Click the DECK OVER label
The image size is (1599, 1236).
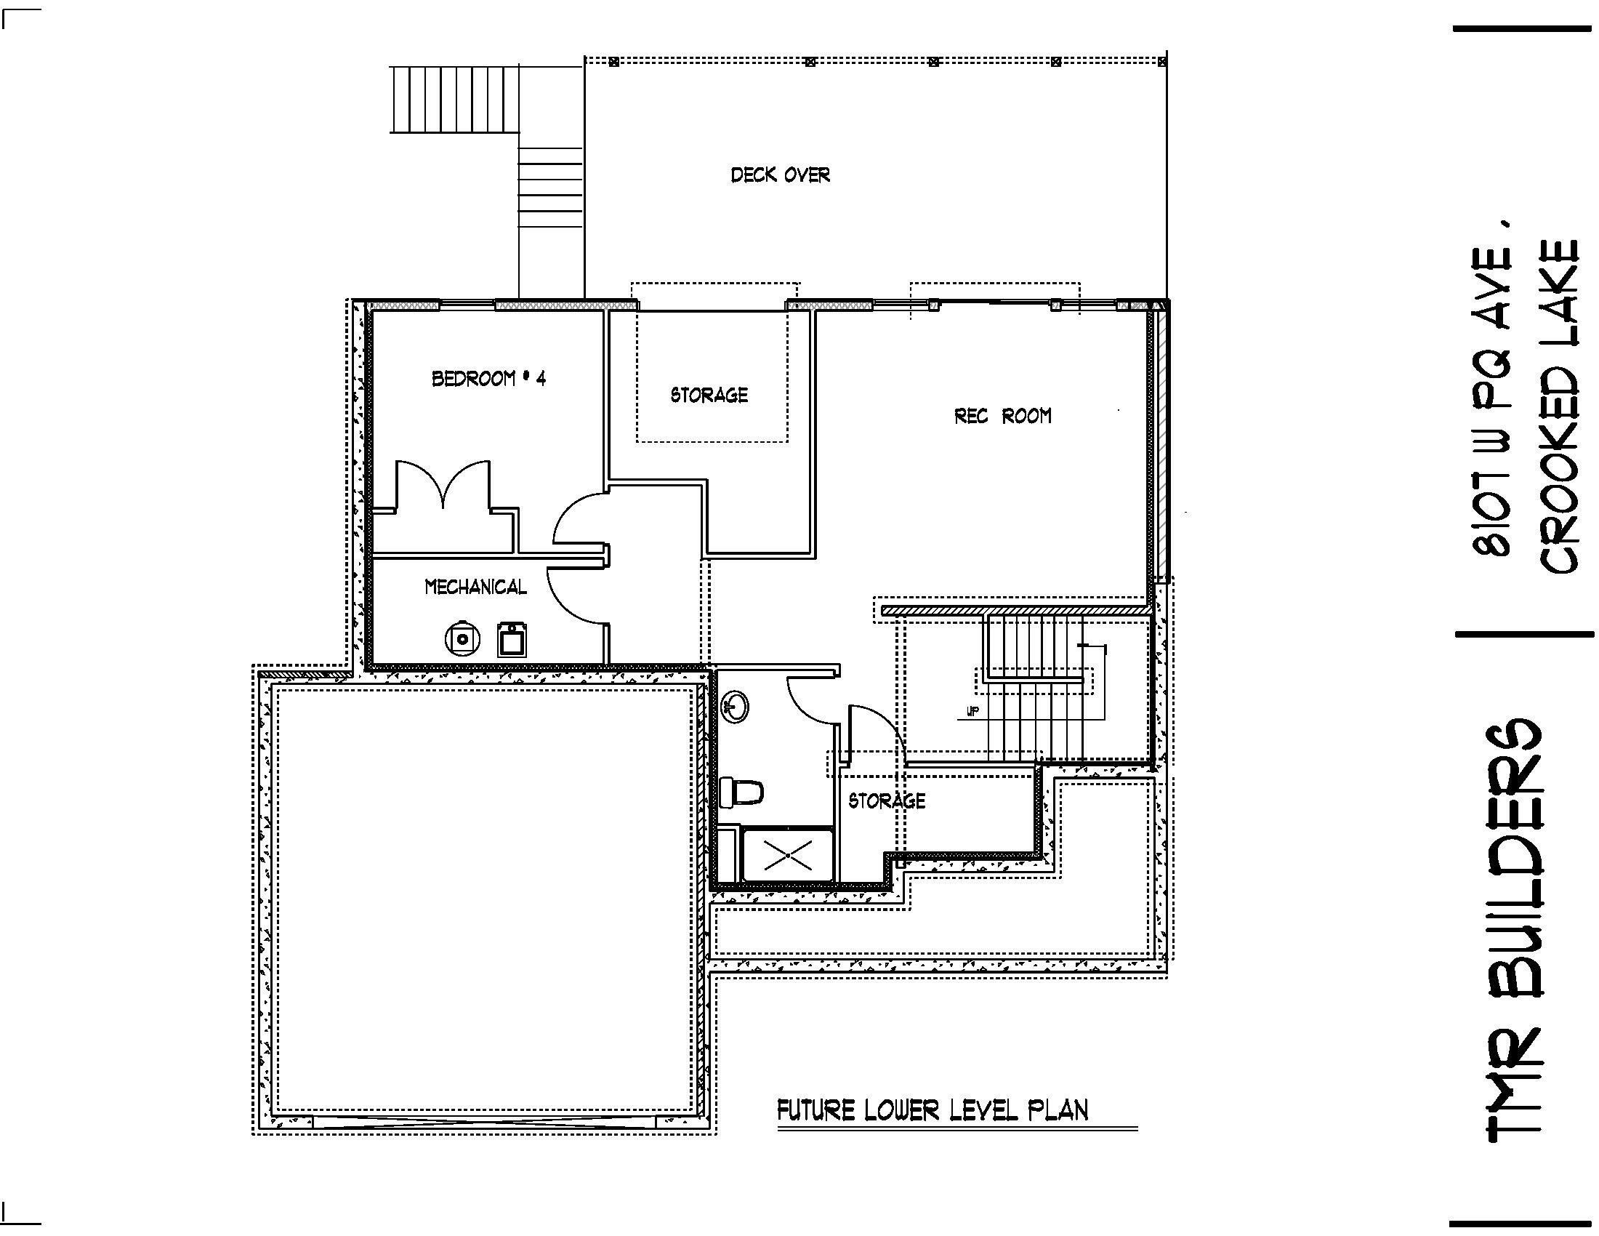click(x=780, y=175)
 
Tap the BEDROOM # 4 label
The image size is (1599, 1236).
click(x=488, y=379)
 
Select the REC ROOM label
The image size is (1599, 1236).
click(x=1002, y=416)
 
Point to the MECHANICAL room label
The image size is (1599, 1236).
click(x=475, y=587)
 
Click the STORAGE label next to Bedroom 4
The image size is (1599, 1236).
click(x=709, y=396)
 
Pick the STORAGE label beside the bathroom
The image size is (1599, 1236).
click(x=886, y=800)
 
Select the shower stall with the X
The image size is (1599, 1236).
click(x=787, y=854)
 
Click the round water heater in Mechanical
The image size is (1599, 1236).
click(x=462, y=638)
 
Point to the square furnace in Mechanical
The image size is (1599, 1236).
click(x=512, y=639)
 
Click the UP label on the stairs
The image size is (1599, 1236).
click(x=972, y=711)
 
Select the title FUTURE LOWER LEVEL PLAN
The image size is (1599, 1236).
click(x=932, y=1110)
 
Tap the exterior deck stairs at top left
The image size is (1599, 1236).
click(x=454, y=99)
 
